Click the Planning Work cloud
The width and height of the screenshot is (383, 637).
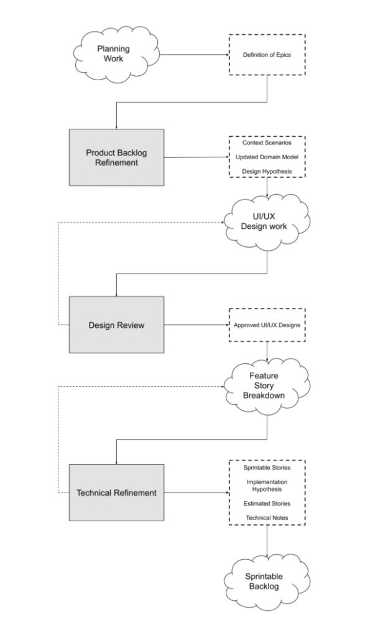[x=110, y=54]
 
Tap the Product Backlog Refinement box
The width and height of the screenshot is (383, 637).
[x=116, y=157]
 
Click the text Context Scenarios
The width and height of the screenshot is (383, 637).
[x=267, y=142]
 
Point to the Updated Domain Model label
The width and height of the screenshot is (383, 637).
[x=267, y=157]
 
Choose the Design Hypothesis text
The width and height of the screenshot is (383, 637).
[x=267, y=171]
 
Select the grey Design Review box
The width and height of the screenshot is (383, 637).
[x=116, y=324]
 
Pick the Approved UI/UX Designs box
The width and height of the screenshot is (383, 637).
[x=267, y=325]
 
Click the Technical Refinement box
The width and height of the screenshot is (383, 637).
[x=116, y=493]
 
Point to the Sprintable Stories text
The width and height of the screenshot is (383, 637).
[x=267, y=467]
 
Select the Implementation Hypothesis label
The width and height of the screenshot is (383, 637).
[x=267, y=485]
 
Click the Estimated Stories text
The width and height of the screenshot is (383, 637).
[x=267, y=503]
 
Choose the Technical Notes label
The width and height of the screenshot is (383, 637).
[x=267, y=518]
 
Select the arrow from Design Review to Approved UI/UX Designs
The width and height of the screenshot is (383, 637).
[x=196, y=325]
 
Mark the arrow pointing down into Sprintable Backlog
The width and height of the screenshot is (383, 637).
[x=267, y=541]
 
